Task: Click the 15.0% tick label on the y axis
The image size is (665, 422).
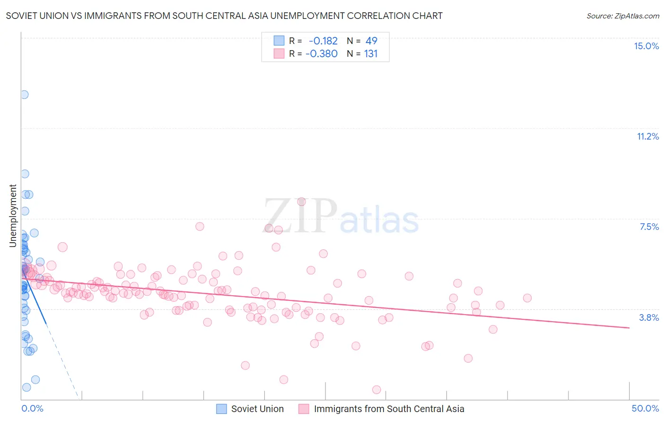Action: click(646, 46)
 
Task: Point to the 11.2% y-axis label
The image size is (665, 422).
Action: click(647, 136)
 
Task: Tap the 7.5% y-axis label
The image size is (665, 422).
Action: click(649, 227)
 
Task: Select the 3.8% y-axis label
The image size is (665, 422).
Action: click(649, 317)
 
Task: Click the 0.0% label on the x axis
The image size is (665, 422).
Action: click(32, 408)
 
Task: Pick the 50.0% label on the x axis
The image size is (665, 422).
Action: click(645, 408)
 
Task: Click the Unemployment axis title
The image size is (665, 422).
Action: click(13, 216)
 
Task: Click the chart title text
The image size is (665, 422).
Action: click(224, 16)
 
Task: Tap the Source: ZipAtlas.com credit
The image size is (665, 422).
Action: click(622, 16)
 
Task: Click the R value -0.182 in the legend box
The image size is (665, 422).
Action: click(323, 41)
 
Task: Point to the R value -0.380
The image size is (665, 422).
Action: click(322, 53)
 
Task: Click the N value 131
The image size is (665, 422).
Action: click(371, 53)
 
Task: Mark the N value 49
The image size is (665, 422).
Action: click(371, 41)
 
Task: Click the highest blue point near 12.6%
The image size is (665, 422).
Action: click(24, 95)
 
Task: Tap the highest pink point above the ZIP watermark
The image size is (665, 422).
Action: click(301, 202)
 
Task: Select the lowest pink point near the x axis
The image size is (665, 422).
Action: click(376, 389)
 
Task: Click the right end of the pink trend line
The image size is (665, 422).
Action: click(629, 327)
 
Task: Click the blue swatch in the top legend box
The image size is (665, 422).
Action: click(279, 41)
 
